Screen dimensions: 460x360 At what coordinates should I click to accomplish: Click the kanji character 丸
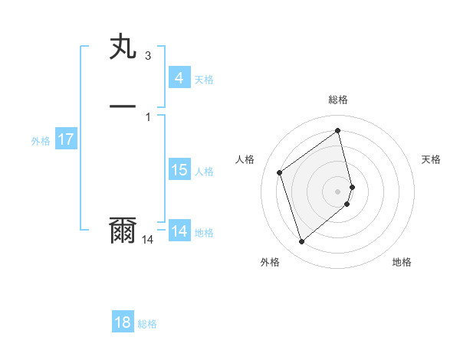pos(123,47)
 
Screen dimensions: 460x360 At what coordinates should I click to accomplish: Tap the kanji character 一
pos(123,106)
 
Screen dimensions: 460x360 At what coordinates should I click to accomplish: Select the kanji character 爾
pos(123,231)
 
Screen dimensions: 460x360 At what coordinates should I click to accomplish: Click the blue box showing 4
pos(179,78)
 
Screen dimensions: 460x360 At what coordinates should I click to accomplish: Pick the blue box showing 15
pos(179,170)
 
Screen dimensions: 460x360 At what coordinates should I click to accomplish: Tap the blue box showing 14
pos(179,231)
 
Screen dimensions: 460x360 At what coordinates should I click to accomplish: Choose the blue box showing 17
pos(65,140)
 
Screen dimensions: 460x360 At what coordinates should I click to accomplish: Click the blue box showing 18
pos(123,322)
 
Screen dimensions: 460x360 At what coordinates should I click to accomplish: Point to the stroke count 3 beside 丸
pos(147,55)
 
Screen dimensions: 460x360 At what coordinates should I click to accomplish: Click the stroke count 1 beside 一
pos(147,116)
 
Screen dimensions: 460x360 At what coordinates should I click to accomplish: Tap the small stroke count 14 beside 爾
pos(147,240)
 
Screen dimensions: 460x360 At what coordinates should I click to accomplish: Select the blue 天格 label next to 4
pos(204,80)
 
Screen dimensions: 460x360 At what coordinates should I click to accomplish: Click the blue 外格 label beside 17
pos(41,141)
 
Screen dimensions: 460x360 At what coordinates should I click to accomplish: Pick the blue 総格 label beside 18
pos(147,324)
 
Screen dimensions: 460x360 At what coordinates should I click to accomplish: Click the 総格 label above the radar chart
pos(338,100)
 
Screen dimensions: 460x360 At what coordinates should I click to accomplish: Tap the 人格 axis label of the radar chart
pos(245,159)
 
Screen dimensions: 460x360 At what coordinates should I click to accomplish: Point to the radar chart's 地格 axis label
pos(402,262)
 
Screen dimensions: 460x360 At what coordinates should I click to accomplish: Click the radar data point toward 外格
pos(301,242)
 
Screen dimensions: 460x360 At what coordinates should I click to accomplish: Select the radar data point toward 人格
pos(279,172)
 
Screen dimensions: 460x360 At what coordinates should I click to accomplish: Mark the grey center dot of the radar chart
pos(338,190)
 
